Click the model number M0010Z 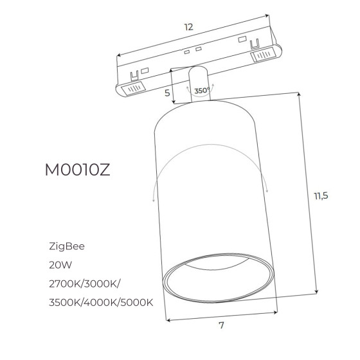coord(78,170)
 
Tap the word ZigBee coord(67,247)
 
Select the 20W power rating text coord(60,265)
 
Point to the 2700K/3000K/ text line coord(84,284)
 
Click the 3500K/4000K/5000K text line coord(101,303)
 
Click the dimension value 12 coord(189,27)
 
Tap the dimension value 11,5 coord(321,196)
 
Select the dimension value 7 coord(221,325)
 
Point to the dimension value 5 coord(167,93)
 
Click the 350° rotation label coord(202,91)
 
